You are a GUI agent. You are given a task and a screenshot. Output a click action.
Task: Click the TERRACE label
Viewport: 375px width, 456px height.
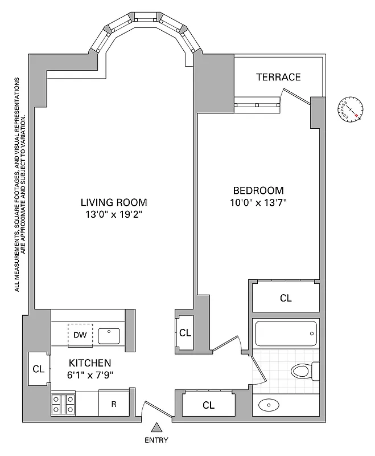click(x=278, y=77)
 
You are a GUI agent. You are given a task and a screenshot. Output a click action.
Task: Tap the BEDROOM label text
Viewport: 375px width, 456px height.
click(x=258, y=190)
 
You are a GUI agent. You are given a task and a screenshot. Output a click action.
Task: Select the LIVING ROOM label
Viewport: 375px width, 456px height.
click(x=114, y=202)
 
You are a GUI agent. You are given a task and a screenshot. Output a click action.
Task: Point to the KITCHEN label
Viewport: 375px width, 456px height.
click(x=90, y=363)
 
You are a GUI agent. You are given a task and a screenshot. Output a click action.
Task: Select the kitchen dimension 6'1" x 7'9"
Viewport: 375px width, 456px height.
click(x=90, y=375)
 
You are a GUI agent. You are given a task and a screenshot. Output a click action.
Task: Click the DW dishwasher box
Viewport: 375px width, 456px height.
click(x=80, y=335)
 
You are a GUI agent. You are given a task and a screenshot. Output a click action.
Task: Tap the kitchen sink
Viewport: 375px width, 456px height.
click(x=109, y=336)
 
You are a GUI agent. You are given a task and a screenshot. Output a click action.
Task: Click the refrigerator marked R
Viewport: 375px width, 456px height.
click(x=114, y=405)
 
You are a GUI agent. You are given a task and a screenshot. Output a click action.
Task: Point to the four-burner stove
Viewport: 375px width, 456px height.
click(x=64, y=404)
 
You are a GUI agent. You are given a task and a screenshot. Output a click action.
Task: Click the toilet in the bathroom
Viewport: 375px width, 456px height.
click(x=302, y=372)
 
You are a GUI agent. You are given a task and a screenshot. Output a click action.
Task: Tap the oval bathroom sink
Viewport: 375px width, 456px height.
click(x=269, y=406)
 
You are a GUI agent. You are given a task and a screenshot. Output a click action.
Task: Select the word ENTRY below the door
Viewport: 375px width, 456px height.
click(x=156, y=440)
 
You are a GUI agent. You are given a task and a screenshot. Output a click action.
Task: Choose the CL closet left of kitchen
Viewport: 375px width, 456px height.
click(x=38, y=369)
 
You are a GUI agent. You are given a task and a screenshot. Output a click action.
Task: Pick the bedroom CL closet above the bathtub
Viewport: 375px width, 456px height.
click(x=285, y=298)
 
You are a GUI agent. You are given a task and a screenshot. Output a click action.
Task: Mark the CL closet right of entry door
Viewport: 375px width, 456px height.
click(x=208, y=405)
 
